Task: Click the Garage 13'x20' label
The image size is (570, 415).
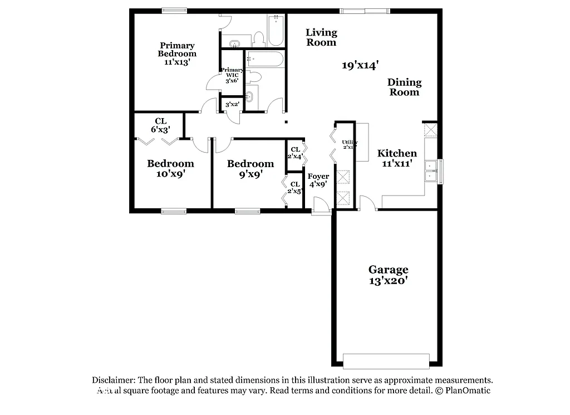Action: coord(388,275)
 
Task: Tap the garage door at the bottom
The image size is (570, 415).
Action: coord(386,361)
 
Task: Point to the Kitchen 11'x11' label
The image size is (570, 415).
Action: coord(397,158)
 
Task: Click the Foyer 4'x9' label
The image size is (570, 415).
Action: coord(318,180)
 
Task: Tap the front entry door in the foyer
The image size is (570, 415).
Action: coord(321,207)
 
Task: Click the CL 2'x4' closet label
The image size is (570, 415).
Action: coord(294,153)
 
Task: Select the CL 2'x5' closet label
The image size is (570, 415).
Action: coord(294,188)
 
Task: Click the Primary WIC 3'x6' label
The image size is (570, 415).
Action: coord(232,75)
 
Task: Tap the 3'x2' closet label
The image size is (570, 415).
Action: coord(232,104)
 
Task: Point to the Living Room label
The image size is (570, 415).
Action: coord(321,37)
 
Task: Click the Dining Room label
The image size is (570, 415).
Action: coord(405,87)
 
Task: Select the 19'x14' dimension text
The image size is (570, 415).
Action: coord(360,65)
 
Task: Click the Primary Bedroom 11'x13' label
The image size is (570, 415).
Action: coord(177,53)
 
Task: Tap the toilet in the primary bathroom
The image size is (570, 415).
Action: coord(258,38)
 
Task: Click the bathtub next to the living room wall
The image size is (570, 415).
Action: coord(276,31)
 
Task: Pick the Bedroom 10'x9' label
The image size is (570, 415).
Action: coord(170,168)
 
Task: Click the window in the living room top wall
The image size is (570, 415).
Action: coord(365,10)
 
